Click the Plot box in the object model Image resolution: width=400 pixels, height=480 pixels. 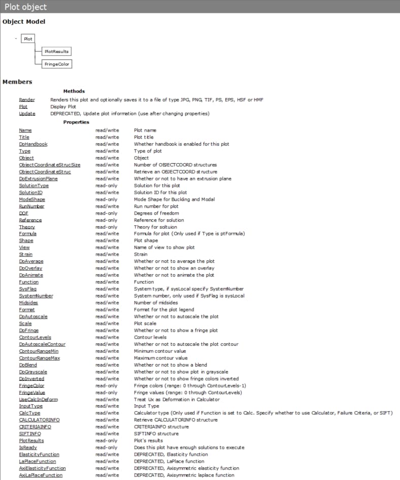[28, 39]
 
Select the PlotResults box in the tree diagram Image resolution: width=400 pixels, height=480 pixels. [56, 51]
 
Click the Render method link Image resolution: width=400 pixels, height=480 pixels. [27, 100]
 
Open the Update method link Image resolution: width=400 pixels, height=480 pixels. [27, 113]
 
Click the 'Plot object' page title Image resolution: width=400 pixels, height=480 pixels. [25, 7]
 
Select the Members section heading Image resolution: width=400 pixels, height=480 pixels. [17, 82]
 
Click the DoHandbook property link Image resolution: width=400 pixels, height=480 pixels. [33, 144]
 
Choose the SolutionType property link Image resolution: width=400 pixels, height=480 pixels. [34, 186]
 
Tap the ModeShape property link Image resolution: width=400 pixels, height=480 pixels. [32, 199]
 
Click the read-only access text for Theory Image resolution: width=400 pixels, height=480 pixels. [106, 227]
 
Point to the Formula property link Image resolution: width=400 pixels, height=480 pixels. [27, 234]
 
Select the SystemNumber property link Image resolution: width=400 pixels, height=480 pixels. [36, 296]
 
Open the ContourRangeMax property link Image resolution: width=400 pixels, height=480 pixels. [39, 358]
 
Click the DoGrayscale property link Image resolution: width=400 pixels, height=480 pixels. [32, 372]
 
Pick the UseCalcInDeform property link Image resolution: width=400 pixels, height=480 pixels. [38, 399]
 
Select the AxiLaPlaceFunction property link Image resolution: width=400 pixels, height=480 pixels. [41, 475]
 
